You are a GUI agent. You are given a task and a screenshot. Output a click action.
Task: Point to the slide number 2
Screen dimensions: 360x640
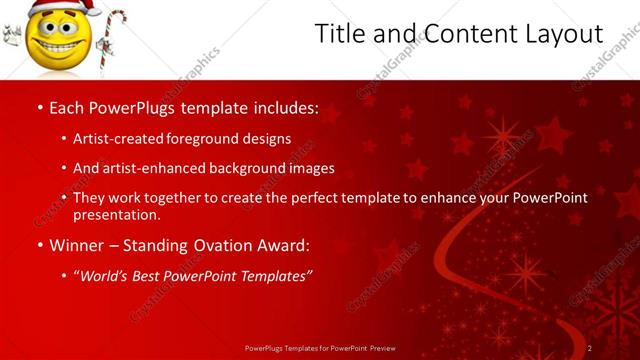(x=589, y=348)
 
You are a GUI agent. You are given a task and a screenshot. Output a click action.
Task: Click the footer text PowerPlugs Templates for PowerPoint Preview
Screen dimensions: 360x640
(x=320, y=348)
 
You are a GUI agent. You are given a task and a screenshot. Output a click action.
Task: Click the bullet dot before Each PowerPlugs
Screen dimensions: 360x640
(x=39, y=107)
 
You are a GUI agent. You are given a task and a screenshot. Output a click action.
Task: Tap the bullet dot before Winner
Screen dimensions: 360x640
(x=39, y=245)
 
